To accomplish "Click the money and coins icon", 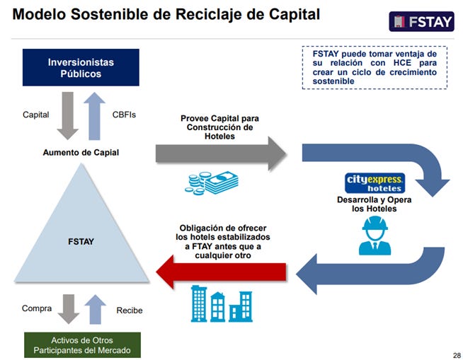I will pos(212,182).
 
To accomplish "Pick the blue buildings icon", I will pos(222,304).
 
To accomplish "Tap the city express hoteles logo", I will pos(375,182).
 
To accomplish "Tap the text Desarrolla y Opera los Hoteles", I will pos(375,204).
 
